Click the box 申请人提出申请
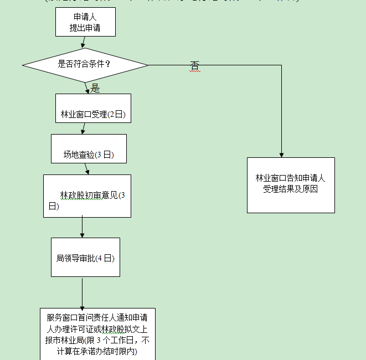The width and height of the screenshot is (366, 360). [85, 22]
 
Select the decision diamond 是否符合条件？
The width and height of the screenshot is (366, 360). [85, 65]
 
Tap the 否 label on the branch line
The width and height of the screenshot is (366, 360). [194, 66]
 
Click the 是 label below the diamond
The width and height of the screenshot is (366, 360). [95, 88]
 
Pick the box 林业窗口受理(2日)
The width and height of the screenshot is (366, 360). [93, 108]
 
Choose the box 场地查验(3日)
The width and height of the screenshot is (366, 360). [89, 148]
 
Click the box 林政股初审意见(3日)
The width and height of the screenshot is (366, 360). [87, 196]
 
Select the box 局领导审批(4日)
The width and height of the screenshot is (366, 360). [85, 258]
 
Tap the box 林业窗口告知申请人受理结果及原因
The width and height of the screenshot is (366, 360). [291, 185]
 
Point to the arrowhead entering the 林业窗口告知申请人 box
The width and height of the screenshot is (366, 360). [281, 155]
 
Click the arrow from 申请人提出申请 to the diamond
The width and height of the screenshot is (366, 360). [83, 42]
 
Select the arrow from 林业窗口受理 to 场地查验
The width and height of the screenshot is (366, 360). [83, 128]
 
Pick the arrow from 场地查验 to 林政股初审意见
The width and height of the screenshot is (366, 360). [87, 169]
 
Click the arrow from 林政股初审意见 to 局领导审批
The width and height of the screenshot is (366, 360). [82, 227]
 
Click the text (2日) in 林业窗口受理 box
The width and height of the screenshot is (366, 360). [117, 115]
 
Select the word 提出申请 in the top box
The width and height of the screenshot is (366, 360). [85, 28]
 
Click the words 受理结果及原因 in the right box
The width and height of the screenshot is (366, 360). [291, 189]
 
